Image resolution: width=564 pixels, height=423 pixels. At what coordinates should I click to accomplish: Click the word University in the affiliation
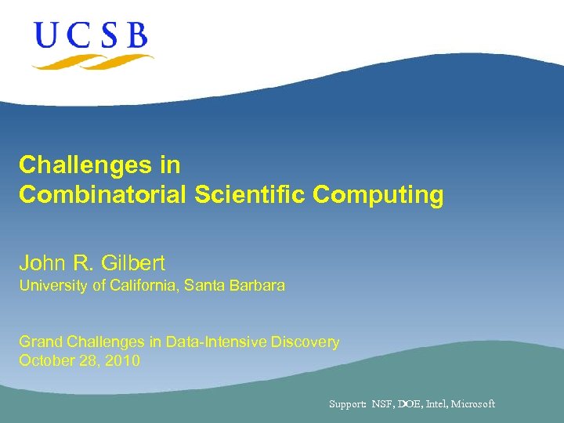tap(53, 286)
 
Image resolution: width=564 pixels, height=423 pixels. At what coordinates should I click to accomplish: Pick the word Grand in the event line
tap(39, 342)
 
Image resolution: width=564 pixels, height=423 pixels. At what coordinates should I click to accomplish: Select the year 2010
tap(124, 361)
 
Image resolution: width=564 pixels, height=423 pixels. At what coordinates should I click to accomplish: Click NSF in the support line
tap(382, 404)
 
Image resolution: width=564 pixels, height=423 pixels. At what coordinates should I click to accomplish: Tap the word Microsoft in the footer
tap(473, 404)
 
